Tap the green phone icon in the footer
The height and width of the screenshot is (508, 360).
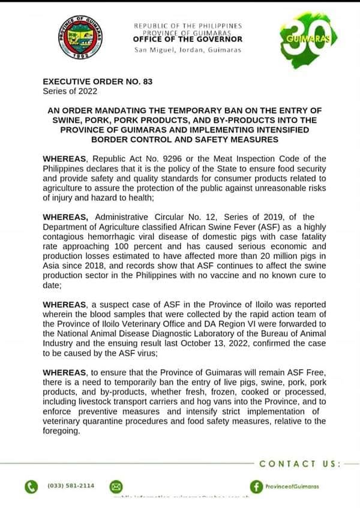pos(31,486)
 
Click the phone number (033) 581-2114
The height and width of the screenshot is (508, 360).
pos(70,485)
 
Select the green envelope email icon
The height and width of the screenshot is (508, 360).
pos(116,486)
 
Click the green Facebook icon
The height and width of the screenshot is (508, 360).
pos(257,486)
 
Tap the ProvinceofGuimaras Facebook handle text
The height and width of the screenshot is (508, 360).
pos(292,486)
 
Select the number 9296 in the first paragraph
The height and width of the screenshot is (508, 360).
pos(169,158)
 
